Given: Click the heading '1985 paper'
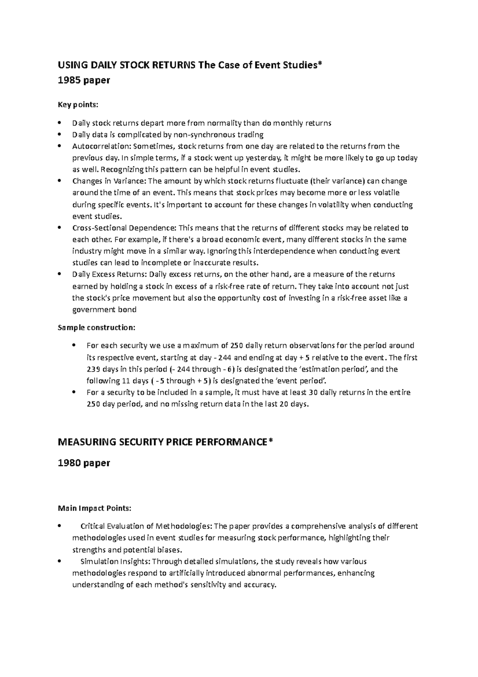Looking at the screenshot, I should click(84, 81).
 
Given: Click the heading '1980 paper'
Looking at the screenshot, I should click(84, 463).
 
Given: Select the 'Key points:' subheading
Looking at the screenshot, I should click(78, 105).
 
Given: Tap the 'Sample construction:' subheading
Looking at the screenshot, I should click(96, 328).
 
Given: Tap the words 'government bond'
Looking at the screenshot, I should click(104, 309).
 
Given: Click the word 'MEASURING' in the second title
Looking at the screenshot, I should click(87, 442).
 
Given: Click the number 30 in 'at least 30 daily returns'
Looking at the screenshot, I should click(313, 392).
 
